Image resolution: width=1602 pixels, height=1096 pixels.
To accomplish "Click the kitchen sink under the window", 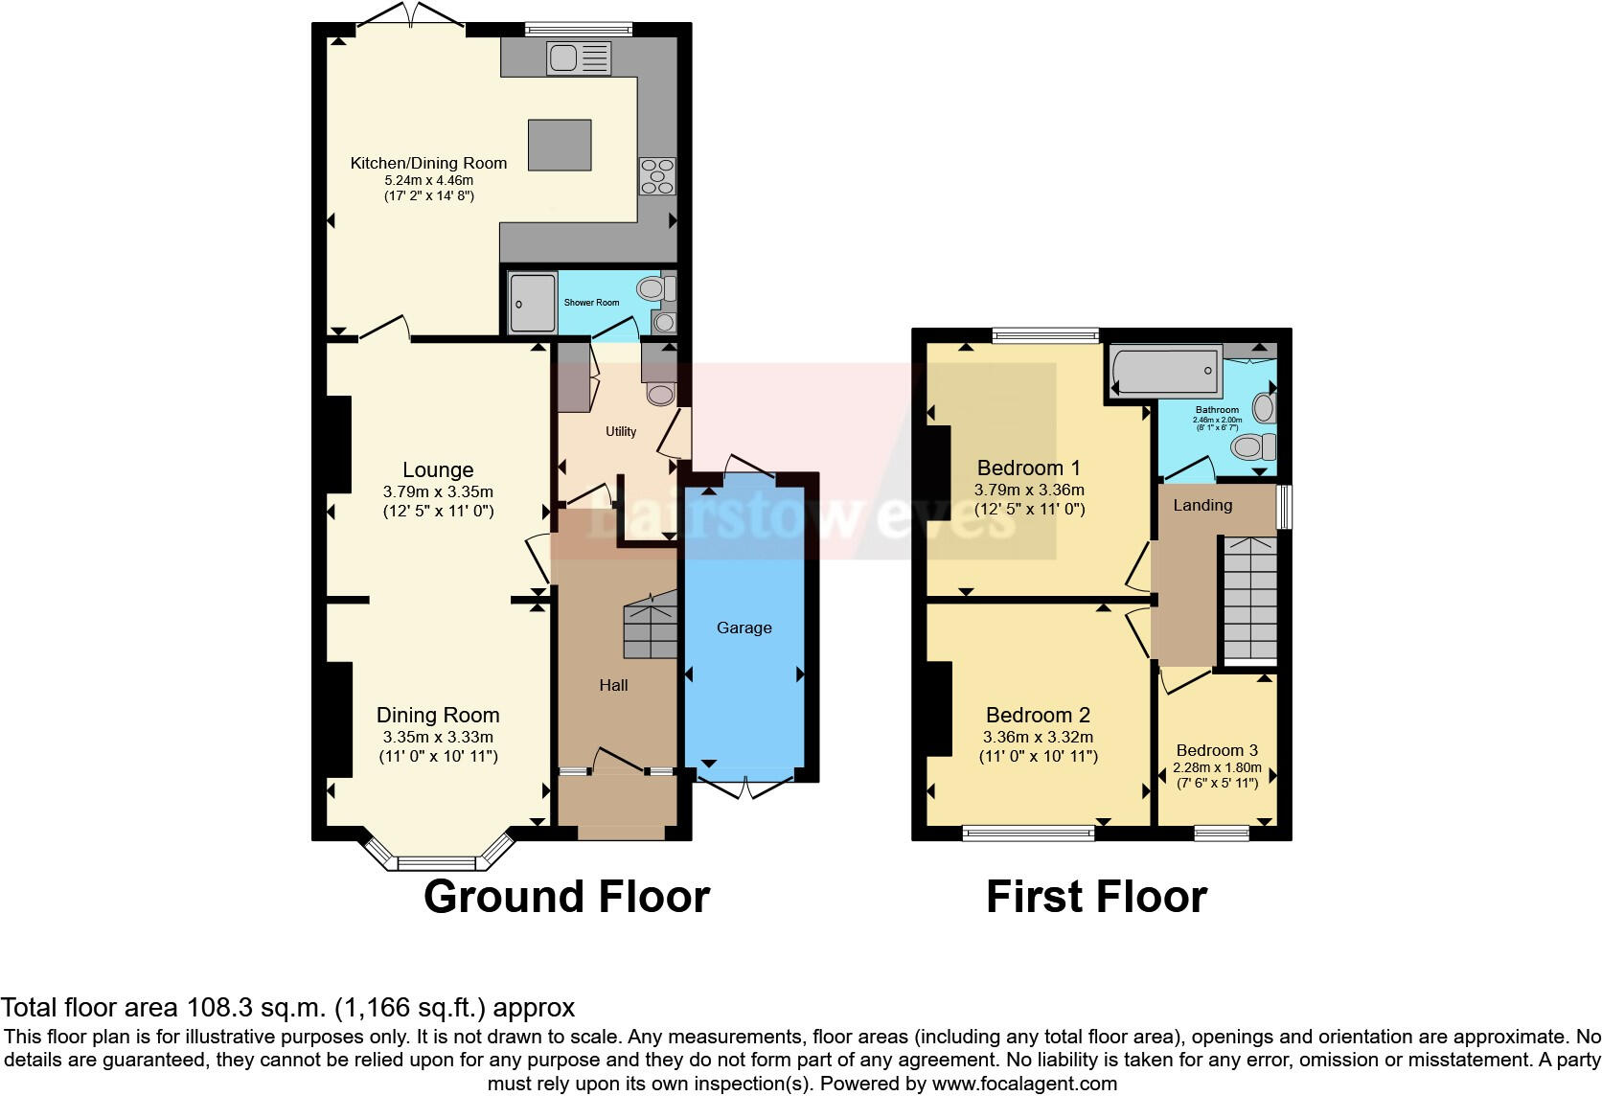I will (x=579, y=58).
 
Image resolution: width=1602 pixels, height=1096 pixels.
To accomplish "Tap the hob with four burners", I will (x=657, y=176).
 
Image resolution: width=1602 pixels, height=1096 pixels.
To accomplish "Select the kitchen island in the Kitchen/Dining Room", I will (x=561, y=144).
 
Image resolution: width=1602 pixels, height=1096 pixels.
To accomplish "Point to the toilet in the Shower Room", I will (x=653, y=286).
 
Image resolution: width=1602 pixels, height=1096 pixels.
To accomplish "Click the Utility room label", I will (x=621, y=431).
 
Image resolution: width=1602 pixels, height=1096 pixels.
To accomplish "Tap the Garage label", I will (x=744, y=628).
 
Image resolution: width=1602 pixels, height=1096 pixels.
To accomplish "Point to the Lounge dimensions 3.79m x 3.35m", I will (x=438, y=491).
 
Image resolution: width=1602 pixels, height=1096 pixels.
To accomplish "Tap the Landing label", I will (x=1202, y=505).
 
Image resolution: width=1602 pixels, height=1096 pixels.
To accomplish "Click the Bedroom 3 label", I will (x=1217, y=750).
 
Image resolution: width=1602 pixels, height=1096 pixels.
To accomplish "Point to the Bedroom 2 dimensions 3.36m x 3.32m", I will (x=1038, y=738).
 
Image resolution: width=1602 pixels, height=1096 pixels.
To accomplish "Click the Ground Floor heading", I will (x=566, y=897).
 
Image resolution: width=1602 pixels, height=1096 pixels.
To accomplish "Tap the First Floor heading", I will (x=1096, y=897).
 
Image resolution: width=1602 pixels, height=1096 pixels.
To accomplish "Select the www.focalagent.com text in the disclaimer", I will (x=1022, y=1085).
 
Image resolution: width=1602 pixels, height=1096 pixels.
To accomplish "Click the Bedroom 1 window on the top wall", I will (x=1045, y=335).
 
